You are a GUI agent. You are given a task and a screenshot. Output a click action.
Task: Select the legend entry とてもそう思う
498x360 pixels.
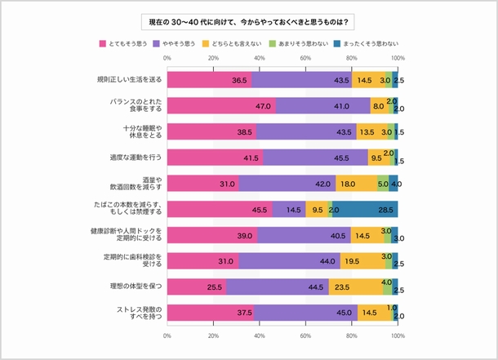tap(122, 42)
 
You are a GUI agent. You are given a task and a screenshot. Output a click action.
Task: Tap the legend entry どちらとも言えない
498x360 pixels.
tap(238, 42)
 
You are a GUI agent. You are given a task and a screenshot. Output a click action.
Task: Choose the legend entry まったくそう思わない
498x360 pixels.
tap(370, 42)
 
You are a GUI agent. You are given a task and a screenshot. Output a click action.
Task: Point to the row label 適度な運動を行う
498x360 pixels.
tap(135, 158)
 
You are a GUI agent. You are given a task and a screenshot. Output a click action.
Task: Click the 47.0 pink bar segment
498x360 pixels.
tap(221, 106)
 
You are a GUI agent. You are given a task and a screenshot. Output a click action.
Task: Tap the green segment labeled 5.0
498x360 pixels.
tap(383, 184)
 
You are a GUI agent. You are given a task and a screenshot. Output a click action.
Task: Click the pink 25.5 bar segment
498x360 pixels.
tap(196, 287)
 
